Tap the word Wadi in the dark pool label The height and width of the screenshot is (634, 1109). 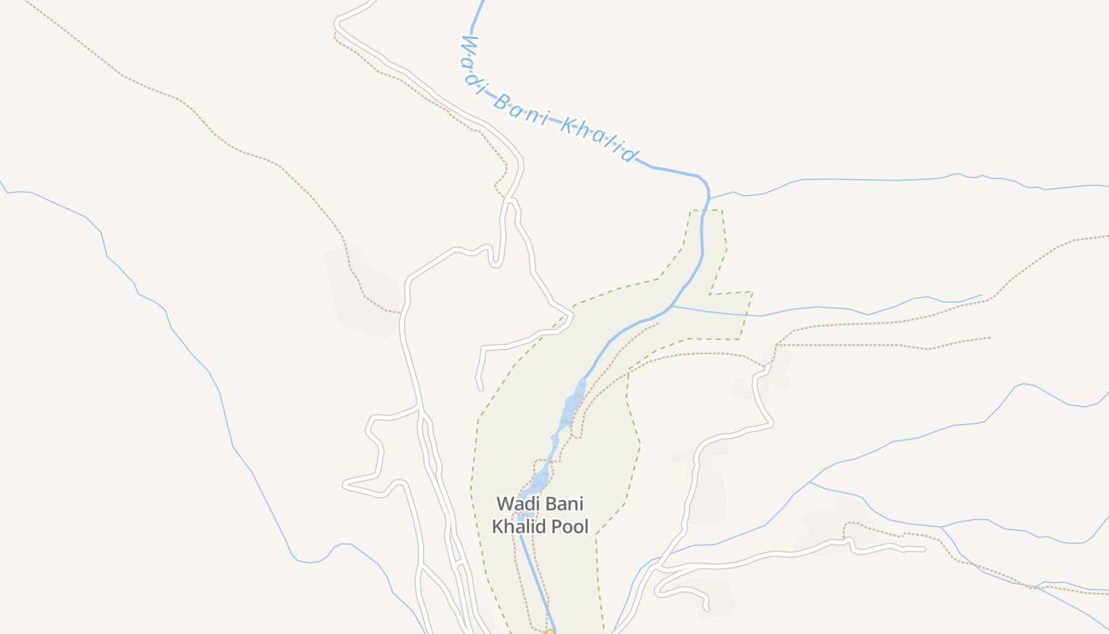[517, 504]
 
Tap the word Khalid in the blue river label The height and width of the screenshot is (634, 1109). [599, 138]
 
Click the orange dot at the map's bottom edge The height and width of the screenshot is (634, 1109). [550, 632]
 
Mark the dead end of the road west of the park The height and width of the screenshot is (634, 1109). [479, 388]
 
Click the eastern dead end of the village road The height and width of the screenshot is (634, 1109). [924, 548]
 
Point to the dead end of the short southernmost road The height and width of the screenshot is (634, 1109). [707, 610]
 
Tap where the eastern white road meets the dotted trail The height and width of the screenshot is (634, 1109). [768, 367]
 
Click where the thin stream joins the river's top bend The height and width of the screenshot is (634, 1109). [709, 198]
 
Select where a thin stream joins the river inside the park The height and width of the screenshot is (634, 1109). [672, 306]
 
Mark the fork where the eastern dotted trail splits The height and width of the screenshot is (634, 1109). [777, 345]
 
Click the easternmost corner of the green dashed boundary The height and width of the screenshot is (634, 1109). [752, 292]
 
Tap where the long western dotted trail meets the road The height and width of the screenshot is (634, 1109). [401, 313]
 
